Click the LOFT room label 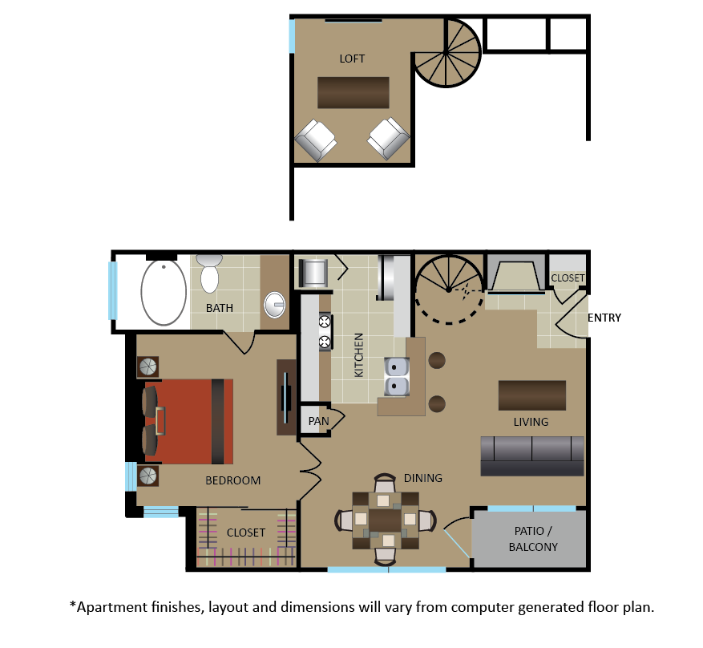click(x=352, y=59)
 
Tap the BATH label click(x=220, y=308)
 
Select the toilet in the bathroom click(x=209, y=273)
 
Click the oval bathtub click(x=164, y=292)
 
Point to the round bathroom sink click(x=274, y=305)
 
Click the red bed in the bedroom click(x=188, y=422)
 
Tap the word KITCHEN click(x=358, y=355)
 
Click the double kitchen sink click(x=396, y=377)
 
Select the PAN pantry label click(x=319, y=422)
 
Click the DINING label click(x=422, y=478)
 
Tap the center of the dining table click(x=385, y=520)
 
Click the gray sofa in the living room click(x=532, y=456)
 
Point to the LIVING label click(x=531, y=422)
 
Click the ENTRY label click(x=604, y=318)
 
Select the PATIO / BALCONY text click(x=533, y=539)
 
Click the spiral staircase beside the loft click(x=446, y=53)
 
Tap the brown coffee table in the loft click(x=354, y=93)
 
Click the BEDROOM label click(x=232, y=480)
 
